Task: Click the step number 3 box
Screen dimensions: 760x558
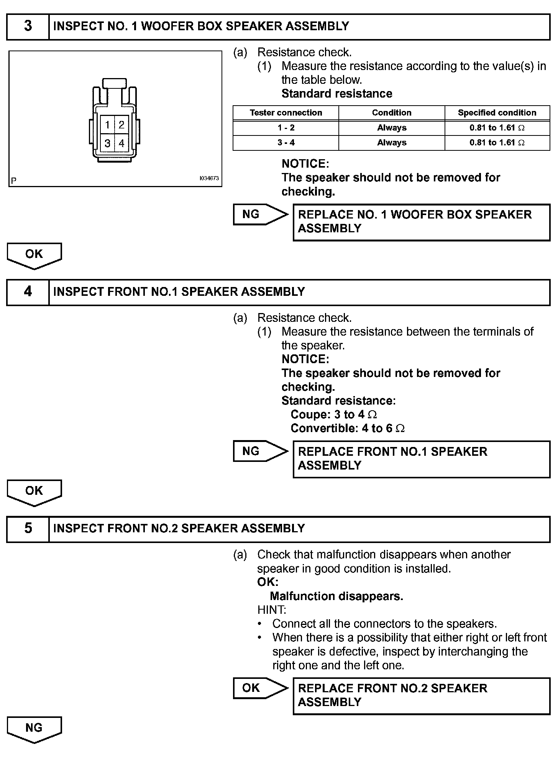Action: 28,26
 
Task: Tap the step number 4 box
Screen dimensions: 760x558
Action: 28,292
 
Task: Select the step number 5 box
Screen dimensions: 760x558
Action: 28,528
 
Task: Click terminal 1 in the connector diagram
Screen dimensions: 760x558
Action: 108,125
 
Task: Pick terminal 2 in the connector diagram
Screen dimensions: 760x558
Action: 121,125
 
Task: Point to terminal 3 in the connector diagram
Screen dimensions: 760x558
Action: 108,144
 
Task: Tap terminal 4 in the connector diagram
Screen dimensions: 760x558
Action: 121,144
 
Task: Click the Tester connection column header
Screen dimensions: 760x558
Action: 286,113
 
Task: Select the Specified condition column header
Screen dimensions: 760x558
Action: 497,113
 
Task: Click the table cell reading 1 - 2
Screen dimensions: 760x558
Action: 286,128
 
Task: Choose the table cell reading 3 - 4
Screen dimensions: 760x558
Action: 286,143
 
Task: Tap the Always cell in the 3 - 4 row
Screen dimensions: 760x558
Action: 392,143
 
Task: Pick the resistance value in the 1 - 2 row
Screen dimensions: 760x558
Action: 497,128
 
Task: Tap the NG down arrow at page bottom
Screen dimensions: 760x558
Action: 34,729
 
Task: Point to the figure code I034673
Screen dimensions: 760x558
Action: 209,178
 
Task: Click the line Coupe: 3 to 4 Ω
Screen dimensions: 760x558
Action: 334,414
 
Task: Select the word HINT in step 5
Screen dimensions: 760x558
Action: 272,610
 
